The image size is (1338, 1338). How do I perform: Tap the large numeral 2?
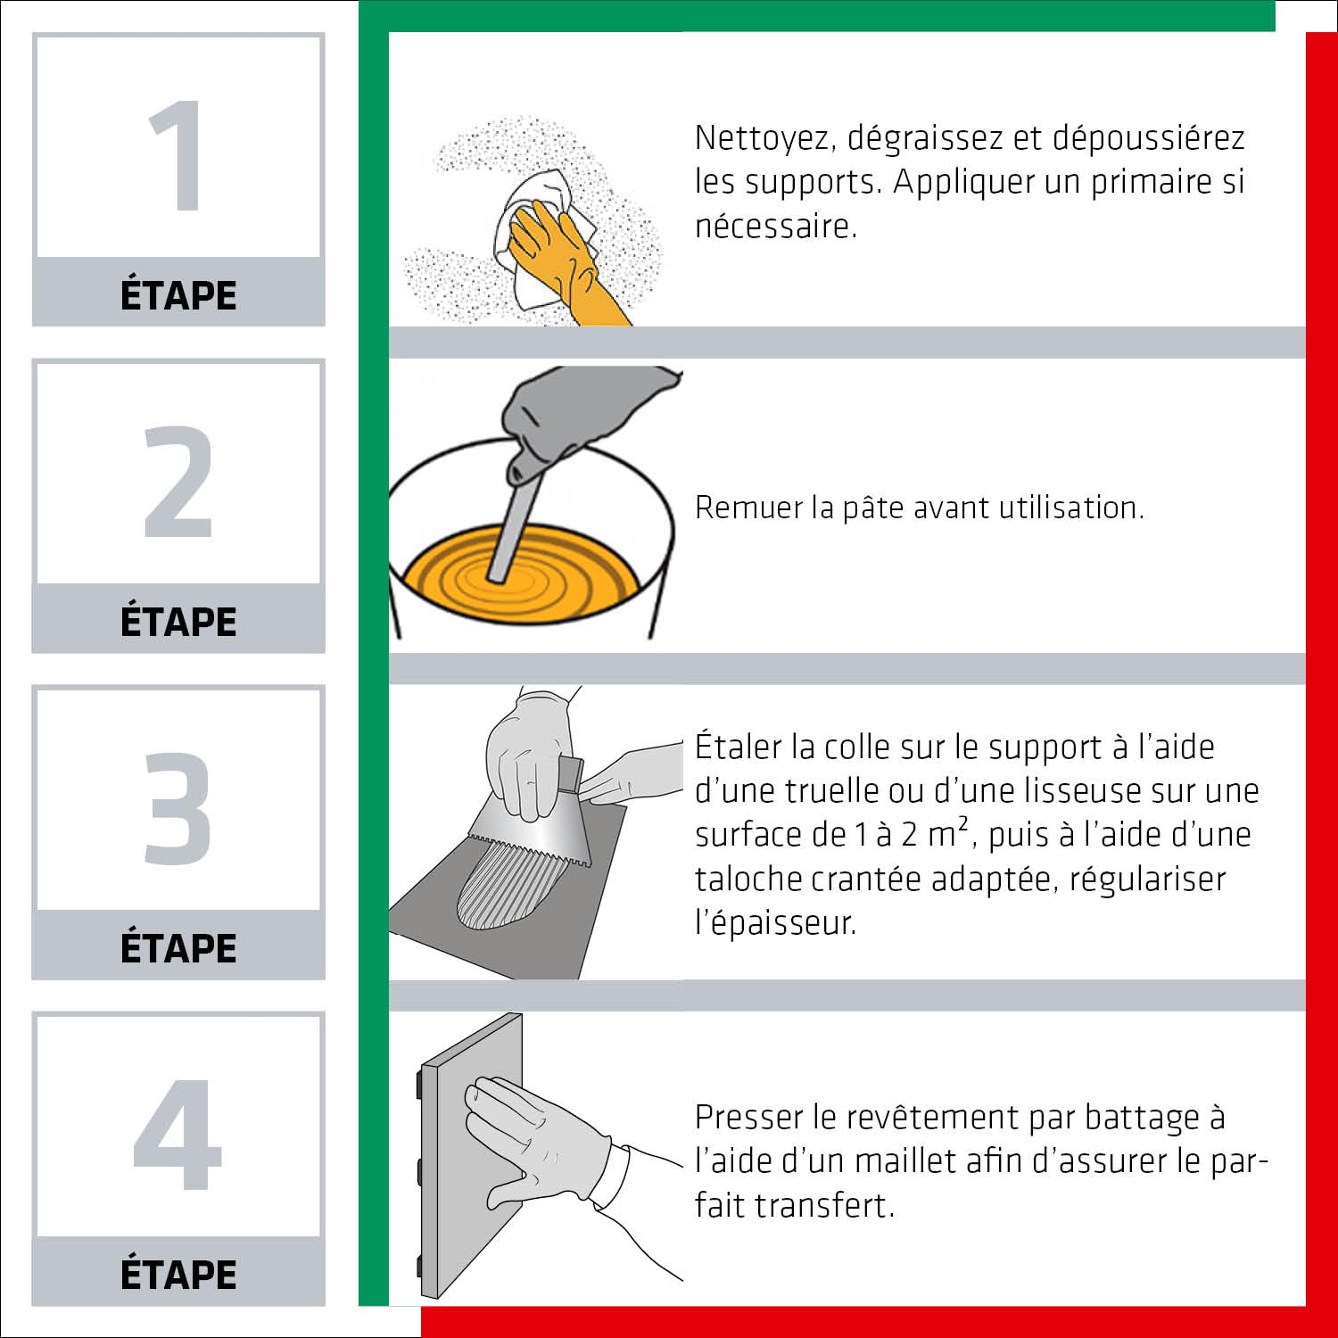[x=178, y=482]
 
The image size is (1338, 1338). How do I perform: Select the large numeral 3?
[x=178, y=807]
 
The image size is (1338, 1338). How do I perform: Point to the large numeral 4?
[x=178, y=1134]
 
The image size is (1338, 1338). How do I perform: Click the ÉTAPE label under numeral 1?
[x=178, y=293]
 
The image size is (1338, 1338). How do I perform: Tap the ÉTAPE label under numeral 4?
[x=178, y=1273]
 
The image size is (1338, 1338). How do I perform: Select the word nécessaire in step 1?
[x=776, y=226]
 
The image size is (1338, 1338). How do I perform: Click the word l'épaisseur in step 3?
[x=775, y=923]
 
